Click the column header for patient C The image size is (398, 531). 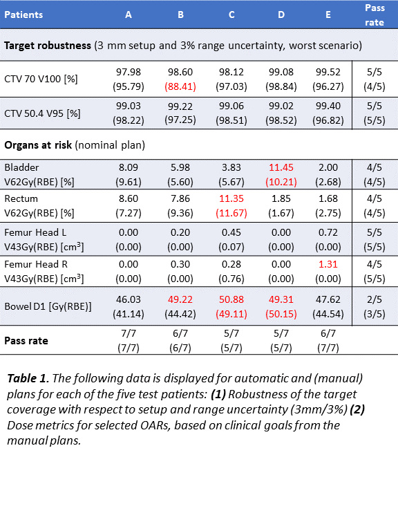(231, 15)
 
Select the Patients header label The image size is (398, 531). (23, 15)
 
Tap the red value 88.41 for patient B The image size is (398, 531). (180, 86)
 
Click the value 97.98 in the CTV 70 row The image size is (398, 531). (129, 72)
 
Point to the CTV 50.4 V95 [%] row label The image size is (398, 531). (42, 113)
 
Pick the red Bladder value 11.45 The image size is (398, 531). (281, 167)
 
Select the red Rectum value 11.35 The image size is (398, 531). (231, 198)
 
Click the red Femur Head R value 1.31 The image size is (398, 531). (328, 264)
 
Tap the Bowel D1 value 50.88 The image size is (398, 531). (231, 299)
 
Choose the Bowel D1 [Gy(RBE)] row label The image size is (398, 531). (48, 306)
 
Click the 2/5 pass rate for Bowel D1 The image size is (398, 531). (375, 299)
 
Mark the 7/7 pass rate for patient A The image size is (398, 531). (129, 333)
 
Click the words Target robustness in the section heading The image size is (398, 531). (48, 46)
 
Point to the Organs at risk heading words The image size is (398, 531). (38, 145)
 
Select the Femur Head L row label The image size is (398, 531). (35, 232)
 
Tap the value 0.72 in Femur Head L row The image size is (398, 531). (328, 232)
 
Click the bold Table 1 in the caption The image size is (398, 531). (26, 378)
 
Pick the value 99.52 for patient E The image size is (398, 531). (328, 72)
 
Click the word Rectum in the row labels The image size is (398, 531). (21, 198)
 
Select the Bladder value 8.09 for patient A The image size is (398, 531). (129, 167)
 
